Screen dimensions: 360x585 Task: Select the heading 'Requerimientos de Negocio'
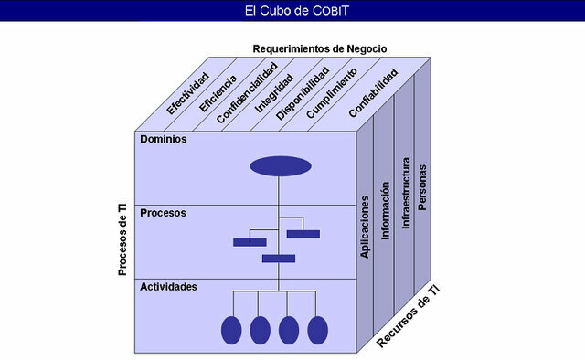(320, 48)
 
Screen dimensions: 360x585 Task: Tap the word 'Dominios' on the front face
(164, 140)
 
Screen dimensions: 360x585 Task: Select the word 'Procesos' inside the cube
(164, 213)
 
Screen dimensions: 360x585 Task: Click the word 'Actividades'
(169, 287)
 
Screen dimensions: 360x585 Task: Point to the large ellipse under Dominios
(281, 166)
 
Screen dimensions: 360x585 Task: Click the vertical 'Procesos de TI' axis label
(122, 239)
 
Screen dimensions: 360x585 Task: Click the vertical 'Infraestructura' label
(404, 193)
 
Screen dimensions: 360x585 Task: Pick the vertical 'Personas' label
(422, 186)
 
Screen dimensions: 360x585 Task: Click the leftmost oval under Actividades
(232, 329)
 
